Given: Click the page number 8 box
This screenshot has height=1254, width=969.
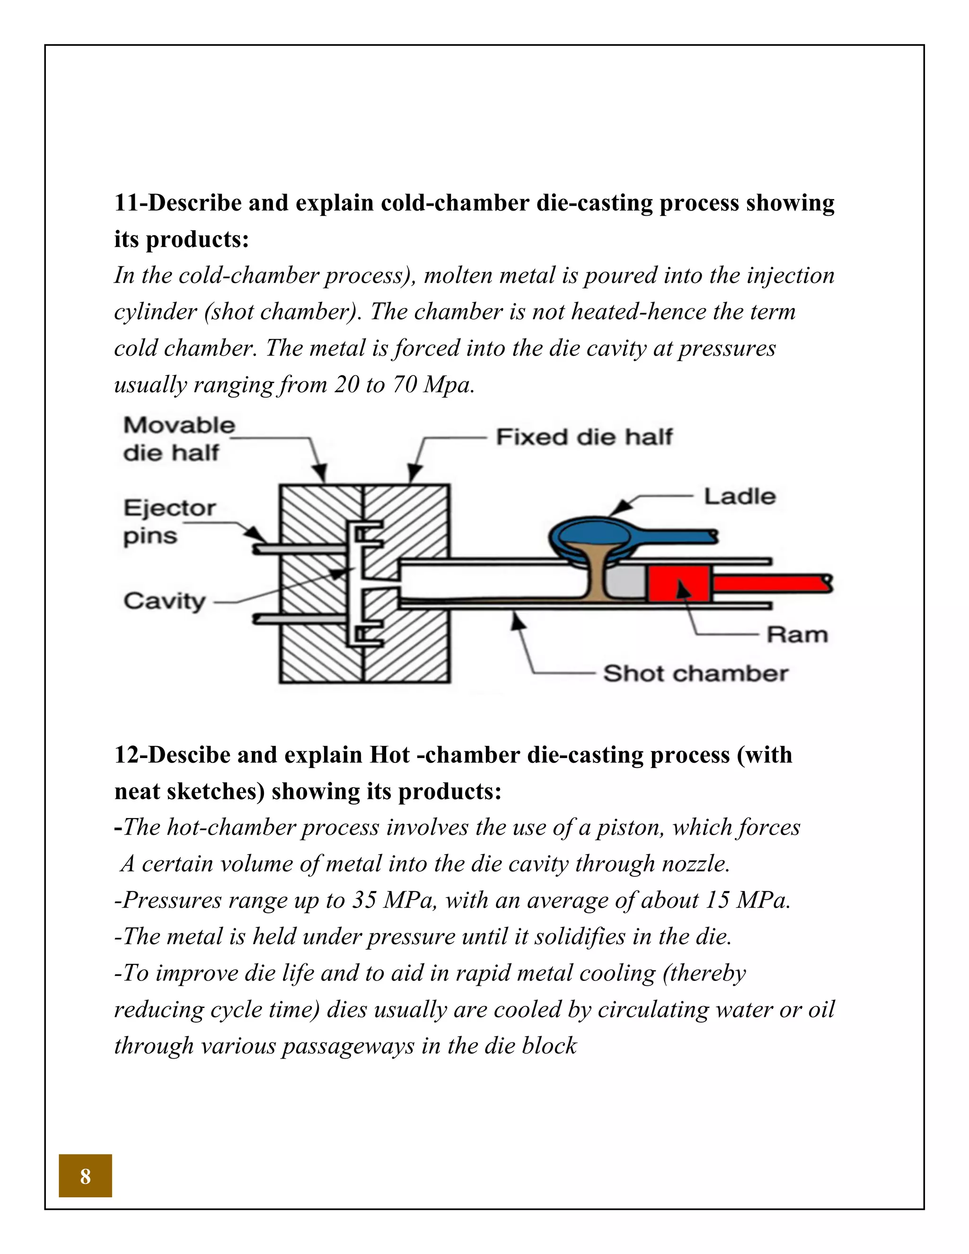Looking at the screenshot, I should click(85, 1175).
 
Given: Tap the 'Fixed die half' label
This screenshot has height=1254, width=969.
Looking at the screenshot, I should click(584, 437).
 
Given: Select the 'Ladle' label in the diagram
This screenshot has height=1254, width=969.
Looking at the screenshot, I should click(740, 497).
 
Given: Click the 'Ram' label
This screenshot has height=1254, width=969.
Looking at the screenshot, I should click(797, 635).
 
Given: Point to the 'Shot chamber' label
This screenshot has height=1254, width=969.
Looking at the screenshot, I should click(696, 673).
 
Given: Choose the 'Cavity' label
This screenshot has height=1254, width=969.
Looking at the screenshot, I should click(164, 601).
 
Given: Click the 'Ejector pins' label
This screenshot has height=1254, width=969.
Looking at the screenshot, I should click(169, 521).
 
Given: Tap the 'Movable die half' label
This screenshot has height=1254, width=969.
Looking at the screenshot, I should click(178, 439).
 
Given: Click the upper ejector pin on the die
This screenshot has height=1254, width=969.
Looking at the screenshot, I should click(299, 549).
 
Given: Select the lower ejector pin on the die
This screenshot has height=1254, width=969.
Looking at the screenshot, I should click(299, 618).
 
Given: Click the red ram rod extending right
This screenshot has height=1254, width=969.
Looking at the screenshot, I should click(769, 583).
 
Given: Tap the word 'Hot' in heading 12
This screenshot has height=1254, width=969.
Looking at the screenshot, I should click(389, 755).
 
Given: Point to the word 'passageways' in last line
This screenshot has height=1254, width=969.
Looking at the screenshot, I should click(348, 1046).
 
